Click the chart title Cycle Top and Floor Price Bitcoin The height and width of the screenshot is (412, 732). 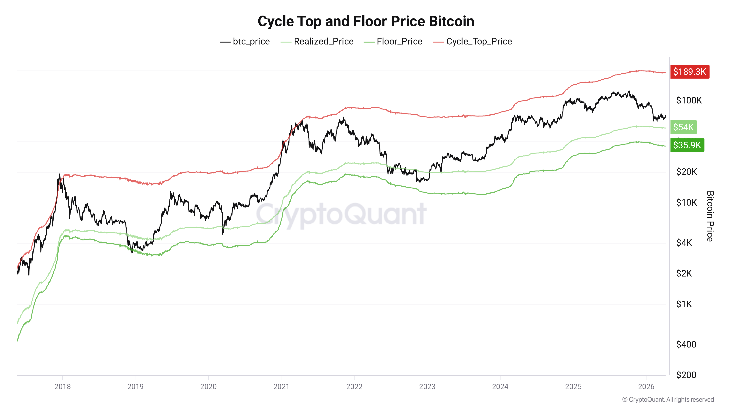point(366,21)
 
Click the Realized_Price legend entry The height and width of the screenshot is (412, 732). point(317,42)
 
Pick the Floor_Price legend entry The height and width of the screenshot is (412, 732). point(393,42)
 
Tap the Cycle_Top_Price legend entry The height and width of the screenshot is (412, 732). point(473,42)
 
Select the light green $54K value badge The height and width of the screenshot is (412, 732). point(683,127)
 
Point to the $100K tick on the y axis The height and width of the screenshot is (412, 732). point(689,100)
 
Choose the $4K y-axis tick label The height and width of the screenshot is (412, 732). point(684,243)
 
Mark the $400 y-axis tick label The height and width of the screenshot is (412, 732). point(686,344)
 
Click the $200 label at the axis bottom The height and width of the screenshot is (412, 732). point(686,375)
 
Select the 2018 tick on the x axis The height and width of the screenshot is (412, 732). point(63,386)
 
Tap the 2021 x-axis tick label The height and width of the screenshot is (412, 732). point(281,386)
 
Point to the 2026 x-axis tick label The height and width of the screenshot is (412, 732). point(646,386)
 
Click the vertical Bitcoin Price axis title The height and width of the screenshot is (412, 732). point(710,216)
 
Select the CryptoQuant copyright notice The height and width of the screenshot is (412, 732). point(668,400)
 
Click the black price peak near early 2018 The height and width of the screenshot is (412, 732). point(59,175)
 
